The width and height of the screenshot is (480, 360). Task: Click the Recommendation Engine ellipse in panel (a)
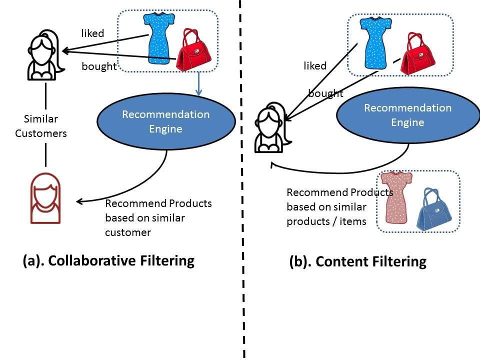(x=166, y=121)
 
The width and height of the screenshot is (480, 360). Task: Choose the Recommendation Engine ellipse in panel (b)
(x=407, y=115)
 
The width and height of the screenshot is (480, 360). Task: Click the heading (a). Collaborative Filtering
(x=108, y=260)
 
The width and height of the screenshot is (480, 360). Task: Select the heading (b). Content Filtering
(x=357, y=261)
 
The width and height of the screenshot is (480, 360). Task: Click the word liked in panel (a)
(x=92, y=34)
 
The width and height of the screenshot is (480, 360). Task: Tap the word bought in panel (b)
(x=325, y=93)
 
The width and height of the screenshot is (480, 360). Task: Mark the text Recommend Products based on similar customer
(x=158, y=218)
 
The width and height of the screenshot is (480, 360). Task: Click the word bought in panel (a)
(x=99, y=67)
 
